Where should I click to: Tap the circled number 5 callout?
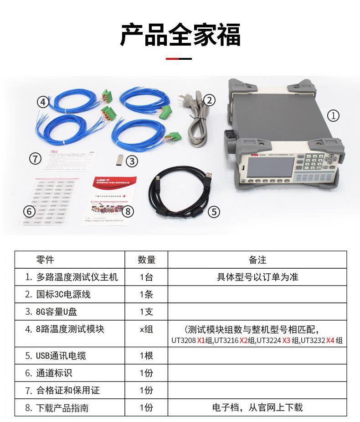[214, 212]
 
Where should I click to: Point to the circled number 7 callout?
[35, 159]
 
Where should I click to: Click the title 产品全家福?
[180, 35]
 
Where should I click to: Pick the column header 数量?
[146, 260]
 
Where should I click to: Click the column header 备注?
[257, 260]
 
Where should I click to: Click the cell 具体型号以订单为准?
[257, 277]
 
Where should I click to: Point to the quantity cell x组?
[146, 329]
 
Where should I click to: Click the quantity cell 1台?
[146, 277]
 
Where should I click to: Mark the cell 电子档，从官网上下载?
[257, 407]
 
